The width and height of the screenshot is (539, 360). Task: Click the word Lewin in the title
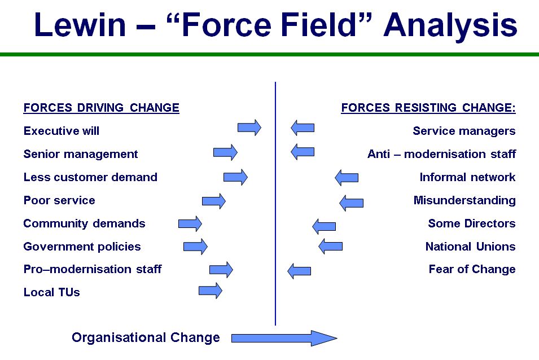pyautogui.click(x=80, y=24)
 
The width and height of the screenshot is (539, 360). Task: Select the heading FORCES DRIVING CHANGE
pyautogui.click(x=102, y=108)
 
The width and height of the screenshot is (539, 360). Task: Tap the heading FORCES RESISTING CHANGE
pyautogui.click(x=428, y=108)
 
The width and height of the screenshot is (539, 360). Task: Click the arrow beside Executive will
pyautogui.click(x=249, y=128)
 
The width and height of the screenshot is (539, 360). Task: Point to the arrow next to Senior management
pyautogui.click(x=225, y=152)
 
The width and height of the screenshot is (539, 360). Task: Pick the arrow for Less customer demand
pyautogui.click(x=235, y=177)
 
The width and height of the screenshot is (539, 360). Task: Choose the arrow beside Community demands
pyautogui.click(x=190, y=224)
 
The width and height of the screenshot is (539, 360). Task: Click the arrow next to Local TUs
pyautogui.click(x=211, y=291)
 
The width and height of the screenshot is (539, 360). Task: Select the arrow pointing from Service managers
pyautogui.click(x=303, y=128)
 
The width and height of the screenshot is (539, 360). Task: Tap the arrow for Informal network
pyautogui.click(x=347, y=178)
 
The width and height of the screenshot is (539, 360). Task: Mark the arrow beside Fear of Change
pyautogui.click(x=299, y=271)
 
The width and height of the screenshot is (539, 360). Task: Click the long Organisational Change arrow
pyautogui.click(x=284, y=339)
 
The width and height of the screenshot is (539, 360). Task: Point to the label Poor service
pyautogui.click(x=59, y=200)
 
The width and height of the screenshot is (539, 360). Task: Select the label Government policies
pyautogui.click(x=82, y=247)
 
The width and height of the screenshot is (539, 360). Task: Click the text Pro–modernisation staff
pyautogui.click(x=93, y=269)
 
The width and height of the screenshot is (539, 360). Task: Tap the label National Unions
pyautogui.click(x=471, y=246)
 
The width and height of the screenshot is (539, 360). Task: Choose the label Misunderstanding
pyautogui.click(x=464, y=200)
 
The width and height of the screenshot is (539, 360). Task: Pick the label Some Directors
pyautogui.click(x=472, y=223)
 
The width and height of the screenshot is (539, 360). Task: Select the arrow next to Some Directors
pyautogui.click(x=324, y=226)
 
